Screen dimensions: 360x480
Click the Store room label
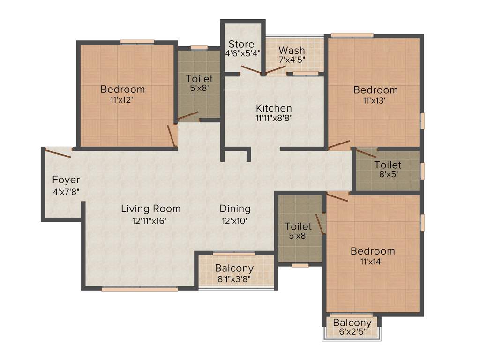[241, 45]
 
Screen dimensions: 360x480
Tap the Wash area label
[292, 50]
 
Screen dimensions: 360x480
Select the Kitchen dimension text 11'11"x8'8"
[274, 118]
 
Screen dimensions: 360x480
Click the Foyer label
[66, 180]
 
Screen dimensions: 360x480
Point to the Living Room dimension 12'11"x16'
[150, 220]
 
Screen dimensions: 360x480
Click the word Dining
[235, 209]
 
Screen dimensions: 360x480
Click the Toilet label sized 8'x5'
[388, 165]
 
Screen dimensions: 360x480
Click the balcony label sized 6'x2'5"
[352, 322]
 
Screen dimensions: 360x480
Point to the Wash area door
[275, 70]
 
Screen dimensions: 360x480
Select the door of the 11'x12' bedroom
[172, 136]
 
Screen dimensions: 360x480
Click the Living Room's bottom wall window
[140, 289]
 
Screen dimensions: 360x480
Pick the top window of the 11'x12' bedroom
[137, 42]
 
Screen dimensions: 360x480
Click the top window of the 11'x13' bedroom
[352, 35]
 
